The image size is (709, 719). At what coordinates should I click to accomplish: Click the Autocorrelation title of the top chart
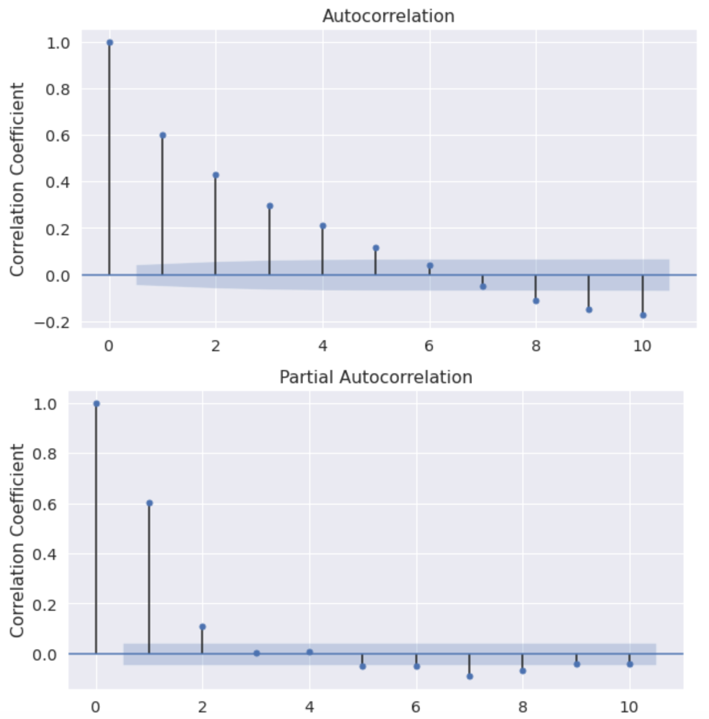pos(388,16)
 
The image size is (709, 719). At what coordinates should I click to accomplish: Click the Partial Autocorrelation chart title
pos(375,377)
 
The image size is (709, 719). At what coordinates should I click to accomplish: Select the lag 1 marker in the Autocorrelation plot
pos(163,135)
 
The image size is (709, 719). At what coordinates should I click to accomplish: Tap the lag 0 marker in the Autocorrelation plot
pos(109,43)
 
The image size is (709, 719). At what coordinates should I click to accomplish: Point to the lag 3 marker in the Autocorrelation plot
pos(269,206)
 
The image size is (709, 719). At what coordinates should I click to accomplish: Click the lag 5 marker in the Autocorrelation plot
pos(376,248)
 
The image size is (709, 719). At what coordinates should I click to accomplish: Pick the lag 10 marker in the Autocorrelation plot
pos(643,315)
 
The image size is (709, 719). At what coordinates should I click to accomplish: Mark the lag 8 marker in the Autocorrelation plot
pos(536,301)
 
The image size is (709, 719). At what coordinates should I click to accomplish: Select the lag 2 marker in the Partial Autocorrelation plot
pos(203,627)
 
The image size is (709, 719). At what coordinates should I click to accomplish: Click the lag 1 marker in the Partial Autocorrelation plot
pos(150,503)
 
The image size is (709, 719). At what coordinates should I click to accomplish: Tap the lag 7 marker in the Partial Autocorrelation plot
pos(470,676)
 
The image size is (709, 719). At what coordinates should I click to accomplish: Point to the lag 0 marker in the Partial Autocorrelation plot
pos(97,404)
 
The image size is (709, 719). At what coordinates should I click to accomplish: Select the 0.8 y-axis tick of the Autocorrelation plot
pos(57,89)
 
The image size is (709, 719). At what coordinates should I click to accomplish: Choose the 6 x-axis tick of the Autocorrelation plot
pos(429,346)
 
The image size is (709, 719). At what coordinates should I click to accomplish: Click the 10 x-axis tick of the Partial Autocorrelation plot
pos(629,707)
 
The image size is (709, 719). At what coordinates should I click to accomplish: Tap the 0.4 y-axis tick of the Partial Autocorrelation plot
pos(44,554)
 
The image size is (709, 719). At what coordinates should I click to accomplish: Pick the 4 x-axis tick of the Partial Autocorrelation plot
pos(309,707)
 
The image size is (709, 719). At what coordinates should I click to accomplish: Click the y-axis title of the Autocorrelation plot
pos(17,179)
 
